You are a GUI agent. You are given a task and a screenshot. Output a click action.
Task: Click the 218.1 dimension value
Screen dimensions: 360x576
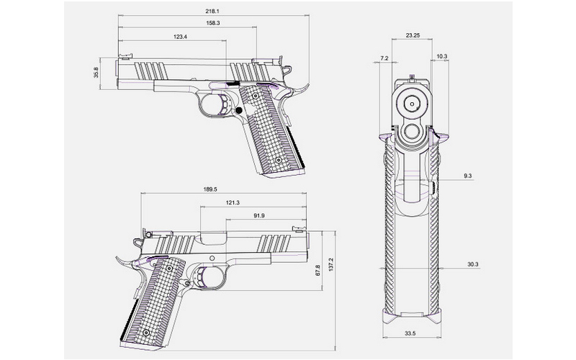(x=212, y=12)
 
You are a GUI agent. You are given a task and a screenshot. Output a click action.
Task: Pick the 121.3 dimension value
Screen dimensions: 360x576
(x=233, y=203)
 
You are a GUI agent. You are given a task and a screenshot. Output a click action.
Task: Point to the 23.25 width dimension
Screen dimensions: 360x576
(x=413, y=35)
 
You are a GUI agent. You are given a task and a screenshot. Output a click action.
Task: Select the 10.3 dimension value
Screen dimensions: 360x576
(x=441, y=57)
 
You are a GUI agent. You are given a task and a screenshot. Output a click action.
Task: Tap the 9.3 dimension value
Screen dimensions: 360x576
(x=468, y=176)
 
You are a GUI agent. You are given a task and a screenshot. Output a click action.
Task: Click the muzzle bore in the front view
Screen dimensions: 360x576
(x=412, y=102)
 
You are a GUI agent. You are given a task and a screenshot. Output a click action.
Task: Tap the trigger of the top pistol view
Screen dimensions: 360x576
(x=220, y=103)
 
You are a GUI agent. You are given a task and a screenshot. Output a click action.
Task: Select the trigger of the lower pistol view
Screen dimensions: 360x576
(x=209, y=276)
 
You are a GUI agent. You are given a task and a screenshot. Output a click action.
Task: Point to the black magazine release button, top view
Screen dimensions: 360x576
(x=238, y=110)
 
